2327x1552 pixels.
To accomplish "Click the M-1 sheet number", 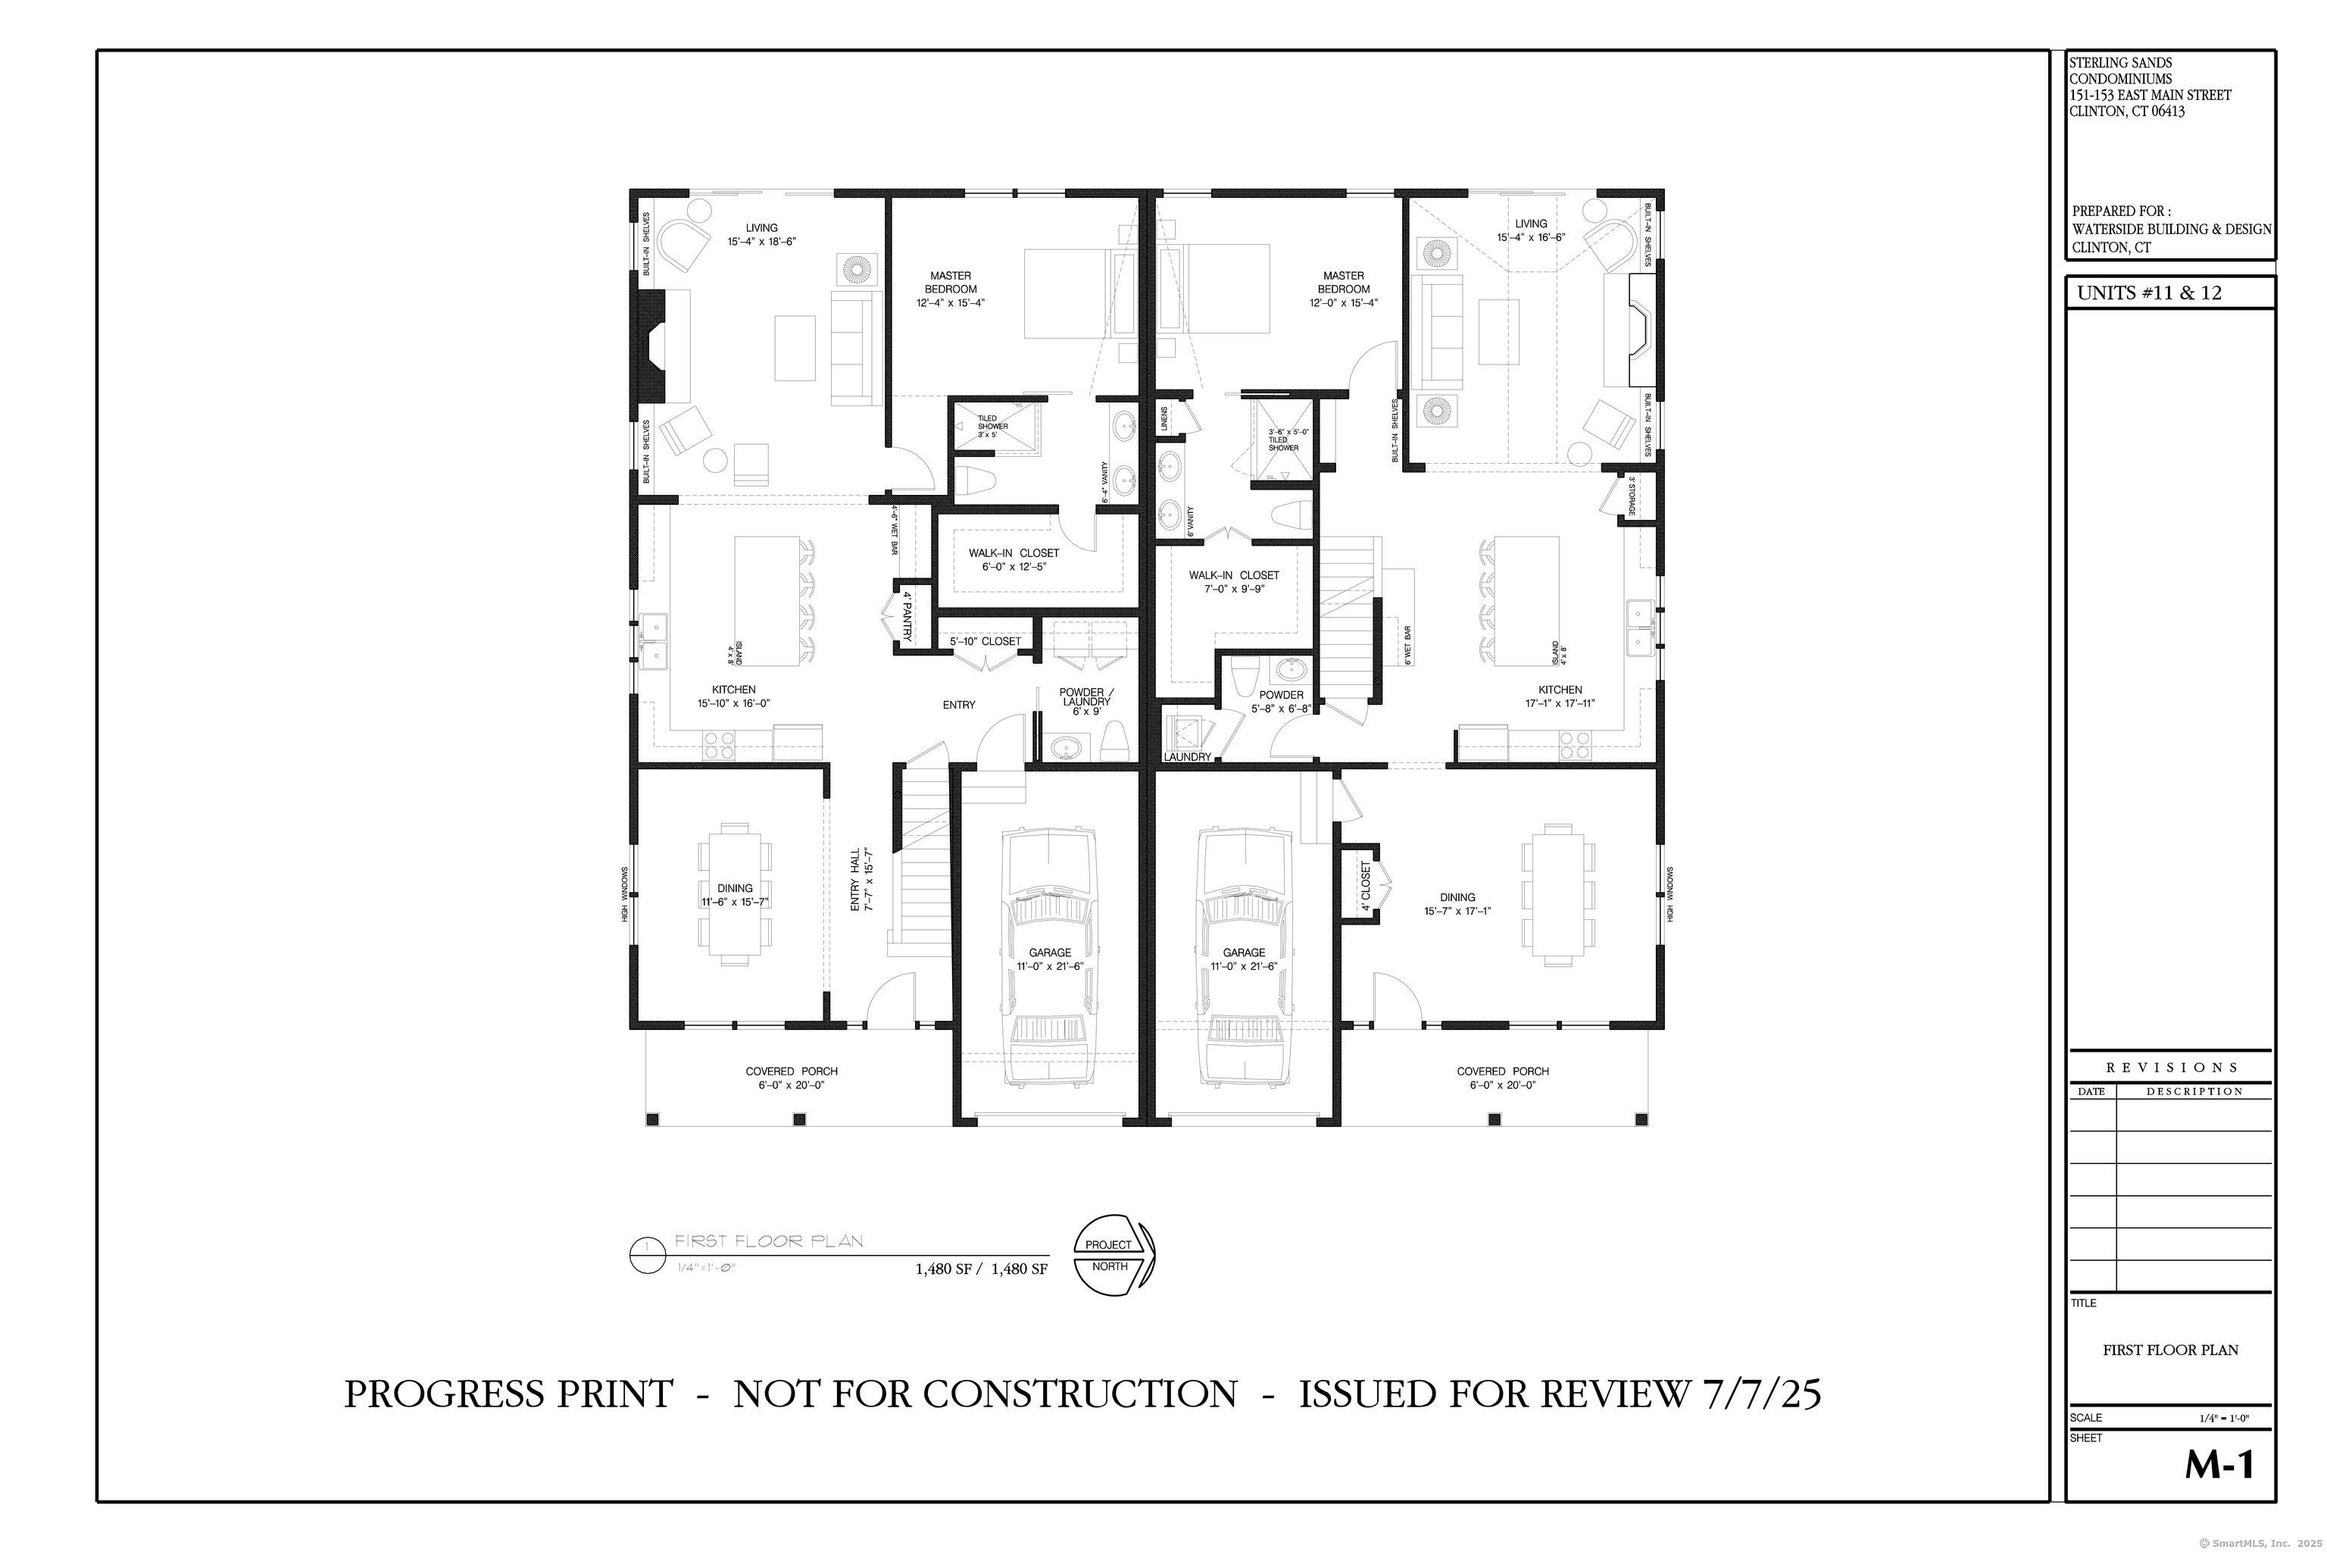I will tap(2219, 1465).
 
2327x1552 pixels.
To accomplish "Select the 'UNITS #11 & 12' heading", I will tap(2148, 294).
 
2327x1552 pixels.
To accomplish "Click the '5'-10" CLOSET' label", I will tap(985, 641).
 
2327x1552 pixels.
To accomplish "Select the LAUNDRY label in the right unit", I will tap(1187, 757).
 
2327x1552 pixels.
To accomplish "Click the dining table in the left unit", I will tap(734, 893).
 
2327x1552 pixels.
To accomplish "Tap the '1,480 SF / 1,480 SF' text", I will tap(980, 1269).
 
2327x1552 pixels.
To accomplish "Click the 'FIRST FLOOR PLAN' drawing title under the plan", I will tap(769, 1241).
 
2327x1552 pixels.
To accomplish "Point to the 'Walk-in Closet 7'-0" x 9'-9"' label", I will tap(1234, 582).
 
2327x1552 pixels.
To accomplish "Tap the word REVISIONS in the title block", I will tap(2172, 1067).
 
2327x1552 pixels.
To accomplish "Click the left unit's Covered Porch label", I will tap(792, 1078).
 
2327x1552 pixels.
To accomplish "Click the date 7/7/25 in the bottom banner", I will tap(1761, 1394).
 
